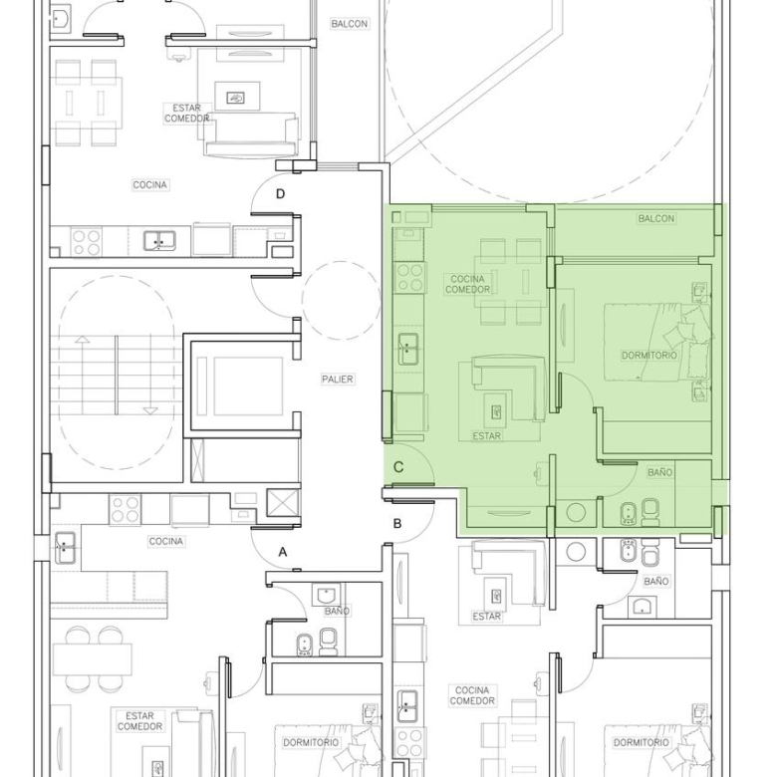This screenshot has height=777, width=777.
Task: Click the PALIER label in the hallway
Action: tap(338, 380)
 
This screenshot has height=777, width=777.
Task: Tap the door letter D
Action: tap(281, 194)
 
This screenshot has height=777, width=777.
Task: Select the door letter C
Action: tap(398, 467)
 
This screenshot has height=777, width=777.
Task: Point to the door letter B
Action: tap(396, 523)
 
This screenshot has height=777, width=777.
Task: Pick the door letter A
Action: tap(283, 552)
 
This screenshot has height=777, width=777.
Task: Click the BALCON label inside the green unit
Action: tap(656, 218)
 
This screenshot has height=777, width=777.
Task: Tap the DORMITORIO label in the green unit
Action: tap(649, 356)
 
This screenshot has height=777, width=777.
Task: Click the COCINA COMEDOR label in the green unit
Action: tap(467, 284)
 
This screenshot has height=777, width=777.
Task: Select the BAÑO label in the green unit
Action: tap(659, 473)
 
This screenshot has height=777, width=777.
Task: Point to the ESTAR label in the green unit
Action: tap(486, 436)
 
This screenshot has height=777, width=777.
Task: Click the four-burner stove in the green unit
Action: tap(410, 278)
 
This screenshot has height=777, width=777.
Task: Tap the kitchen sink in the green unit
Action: tap(407, 349)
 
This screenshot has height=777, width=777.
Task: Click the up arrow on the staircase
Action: tap(83, 376)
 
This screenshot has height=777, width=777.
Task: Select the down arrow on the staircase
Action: tap(150, 376)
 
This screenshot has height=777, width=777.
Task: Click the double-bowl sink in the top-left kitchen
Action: tap(159, 241)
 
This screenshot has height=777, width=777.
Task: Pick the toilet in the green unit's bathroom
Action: tap(650, 512)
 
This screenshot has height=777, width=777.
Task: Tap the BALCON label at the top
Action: tap(350, 24)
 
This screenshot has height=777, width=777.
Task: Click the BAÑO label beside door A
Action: tap(337, 612)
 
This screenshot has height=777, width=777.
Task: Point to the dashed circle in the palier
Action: tap(341, 300)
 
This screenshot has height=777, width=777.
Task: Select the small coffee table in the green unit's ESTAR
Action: tap(495, 410)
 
